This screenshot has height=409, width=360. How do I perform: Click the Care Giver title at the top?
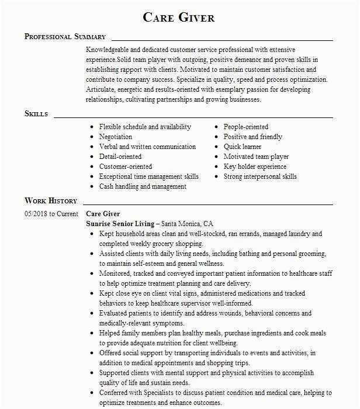click(179, 17)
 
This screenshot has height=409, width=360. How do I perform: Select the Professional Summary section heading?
click(65, 37)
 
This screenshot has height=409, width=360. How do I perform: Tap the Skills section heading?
click(36, 113)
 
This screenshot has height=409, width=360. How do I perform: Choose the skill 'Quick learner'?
click(243, 147)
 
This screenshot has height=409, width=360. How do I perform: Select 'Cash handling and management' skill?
click(143, 186)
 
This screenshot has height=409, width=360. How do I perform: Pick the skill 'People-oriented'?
click(246, 127)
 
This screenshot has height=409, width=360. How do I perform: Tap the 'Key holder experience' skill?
click(255, 167)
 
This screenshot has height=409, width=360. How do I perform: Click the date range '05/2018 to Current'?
click(51, 214)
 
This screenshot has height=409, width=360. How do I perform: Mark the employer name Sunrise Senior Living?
click(120, 224)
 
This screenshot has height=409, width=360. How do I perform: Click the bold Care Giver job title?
click(103, 214)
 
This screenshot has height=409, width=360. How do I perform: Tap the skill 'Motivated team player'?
click(256, 157)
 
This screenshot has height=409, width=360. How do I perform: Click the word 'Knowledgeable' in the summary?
click(109, 50)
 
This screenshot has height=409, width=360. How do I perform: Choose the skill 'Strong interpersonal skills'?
click(260, 176)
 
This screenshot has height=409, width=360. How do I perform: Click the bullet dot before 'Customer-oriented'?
click(92, 167)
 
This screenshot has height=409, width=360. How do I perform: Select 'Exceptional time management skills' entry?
click(149, 176)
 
